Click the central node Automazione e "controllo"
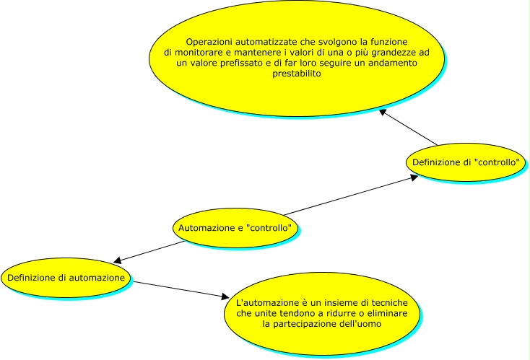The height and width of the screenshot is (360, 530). [235, 228]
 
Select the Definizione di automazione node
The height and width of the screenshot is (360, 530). [66, 277]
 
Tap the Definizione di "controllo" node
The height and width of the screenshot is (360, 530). [465, 162]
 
